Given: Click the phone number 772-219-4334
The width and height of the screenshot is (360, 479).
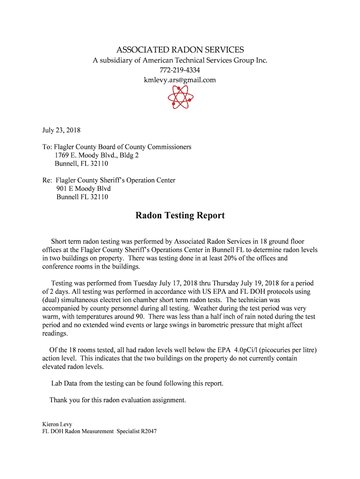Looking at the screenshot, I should click(x=180, y=70).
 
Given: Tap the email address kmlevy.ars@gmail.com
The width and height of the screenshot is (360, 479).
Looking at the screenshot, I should click(x=180, y=80).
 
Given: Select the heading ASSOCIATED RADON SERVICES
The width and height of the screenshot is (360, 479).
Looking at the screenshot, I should click(x=180, y=50).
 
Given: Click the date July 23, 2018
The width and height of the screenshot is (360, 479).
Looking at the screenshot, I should click(x=61, y=130).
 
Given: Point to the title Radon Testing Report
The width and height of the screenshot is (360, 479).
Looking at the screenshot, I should click(x=180, y=216).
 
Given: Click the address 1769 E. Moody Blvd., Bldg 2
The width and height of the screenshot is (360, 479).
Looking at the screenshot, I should click(x=97, y=155).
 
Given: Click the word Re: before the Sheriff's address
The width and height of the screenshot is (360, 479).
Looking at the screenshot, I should click(x=47, y=180).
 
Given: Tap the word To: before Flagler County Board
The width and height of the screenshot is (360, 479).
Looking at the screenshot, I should click(x=47, y=147).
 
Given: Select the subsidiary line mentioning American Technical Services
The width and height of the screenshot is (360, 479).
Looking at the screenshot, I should click(x=180, y=60).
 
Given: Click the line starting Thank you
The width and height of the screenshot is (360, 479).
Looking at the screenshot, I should click(x=118, y=400).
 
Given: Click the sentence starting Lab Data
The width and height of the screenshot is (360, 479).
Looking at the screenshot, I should click(x=137, y=384).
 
